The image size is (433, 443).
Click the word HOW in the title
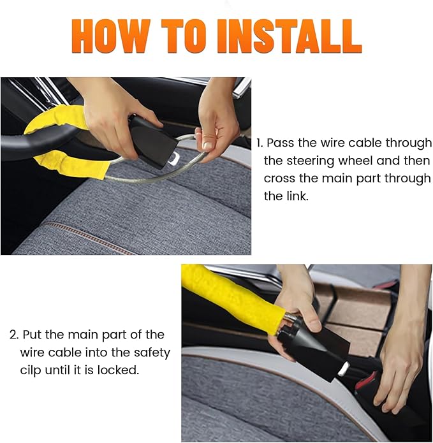tap(112, 36)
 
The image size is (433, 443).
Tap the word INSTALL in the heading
tap(289, 36)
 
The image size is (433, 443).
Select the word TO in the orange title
tap(186, 36)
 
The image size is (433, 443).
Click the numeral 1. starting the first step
tap(260, 143)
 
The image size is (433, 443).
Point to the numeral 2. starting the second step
tap(13, 335)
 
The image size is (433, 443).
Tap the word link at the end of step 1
tap(295, 196)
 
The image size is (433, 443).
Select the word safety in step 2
tap(146, 352)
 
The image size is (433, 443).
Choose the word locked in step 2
tap(119, 370)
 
